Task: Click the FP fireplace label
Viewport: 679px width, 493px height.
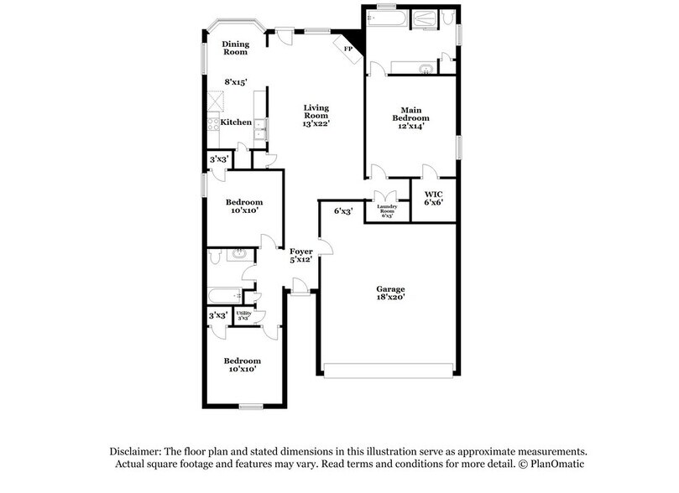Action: (348, 49)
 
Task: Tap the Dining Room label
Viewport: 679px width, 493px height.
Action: (235, 47)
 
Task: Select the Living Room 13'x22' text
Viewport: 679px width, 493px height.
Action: (316, 115)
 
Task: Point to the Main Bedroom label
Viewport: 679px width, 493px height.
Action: (410, 117)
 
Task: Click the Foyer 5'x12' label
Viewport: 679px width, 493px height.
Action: (301, 257)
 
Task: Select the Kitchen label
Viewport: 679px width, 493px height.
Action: (236, 122)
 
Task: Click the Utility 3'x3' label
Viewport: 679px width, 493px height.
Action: (244, 315)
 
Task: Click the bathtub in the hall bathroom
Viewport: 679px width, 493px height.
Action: (224, 295)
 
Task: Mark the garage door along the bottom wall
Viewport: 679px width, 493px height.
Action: (389, 370)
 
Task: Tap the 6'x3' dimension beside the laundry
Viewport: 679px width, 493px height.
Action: (342, 211)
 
